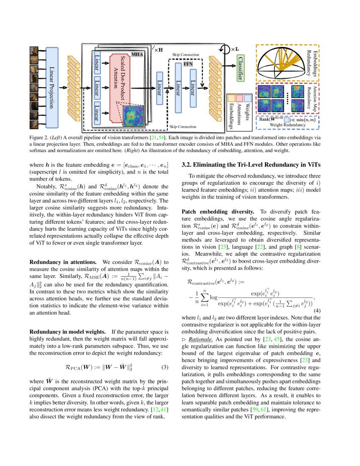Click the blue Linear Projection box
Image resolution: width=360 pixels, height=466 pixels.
pyautogui.click(x=52, y=87)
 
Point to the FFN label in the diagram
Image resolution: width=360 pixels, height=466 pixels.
pyautogui.click(x=188, y=64)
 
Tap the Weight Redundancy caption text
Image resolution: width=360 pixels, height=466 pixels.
pyautogui.click(x=288, y=125)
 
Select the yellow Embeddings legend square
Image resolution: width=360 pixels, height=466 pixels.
pyautogui.click(x=231, y=98)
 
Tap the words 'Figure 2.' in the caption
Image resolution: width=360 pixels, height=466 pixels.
pyautogui.click(x=39, y=138)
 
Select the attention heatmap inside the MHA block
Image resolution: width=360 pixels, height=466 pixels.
pyautogui.click(x=134, y=115)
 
